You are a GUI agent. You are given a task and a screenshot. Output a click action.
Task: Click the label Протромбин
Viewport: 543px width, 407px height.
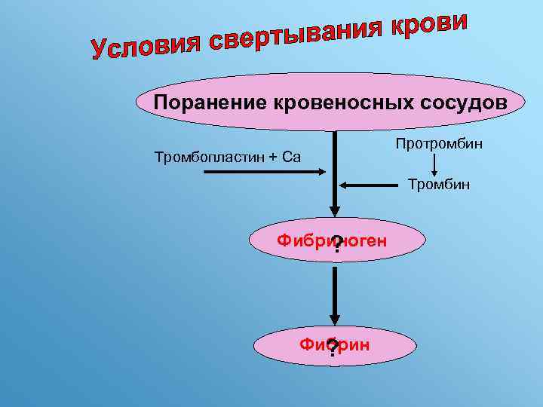(438, 143)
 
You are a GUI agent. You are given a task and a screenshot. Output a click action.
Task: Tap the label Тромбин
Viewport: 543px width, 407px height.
(438, 183)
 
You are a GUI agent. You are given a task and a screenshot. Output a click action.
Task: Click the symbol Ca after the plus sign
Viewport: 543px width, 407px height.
(291, 157)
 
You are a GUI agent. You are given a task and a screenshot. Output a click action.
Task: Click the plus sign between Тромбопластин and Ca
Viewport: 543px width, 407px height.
(273, 157)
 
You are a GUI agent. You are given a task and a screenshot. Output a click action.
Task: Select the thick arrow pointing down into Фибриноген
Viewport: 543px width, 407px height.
(334, 173)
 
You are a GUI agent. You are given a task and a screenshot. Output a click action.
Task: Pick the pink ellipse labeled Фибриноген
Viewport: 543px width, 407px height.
(377, 241)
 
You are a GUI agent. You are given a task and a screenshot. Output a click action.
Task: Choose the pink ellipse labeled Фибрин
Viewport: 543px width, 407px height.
(385, 346)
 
